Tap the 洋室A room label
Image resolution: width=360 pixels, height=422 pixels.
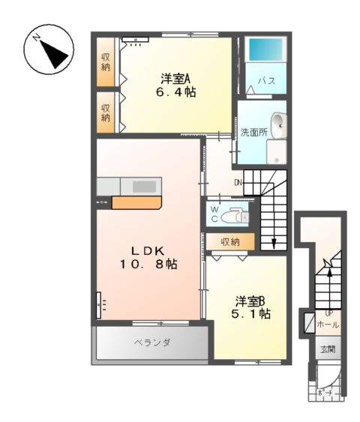pyautogui.click(x=176, y=78)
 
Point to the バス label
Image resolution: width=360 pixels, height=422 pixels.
pyautogui.click(x=267, y=80)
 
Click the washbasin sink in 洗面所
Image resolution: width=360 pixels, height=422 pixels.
pyautogui.click(x=278, y=124)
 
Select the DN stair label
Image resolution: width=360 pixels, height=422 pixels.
pyautogui.click(x=238, y=182)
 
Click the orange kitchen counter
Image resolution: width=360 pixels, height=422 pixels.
pyautogui.click(x=136, y=202)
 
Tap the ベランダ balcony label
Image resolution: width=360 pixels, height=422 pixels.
pyautogui.click(x=152, y=343)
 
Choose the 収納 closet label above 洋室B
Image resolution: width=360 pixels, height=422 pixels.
pyautogui.click(x=230, y=241)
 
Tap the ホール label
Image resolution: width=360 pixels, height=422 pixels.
pyautogui.click(x=328, y=325)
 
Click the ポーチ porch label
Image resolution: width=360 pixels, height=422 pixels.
pyautogui.click(x=325, y=392)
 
